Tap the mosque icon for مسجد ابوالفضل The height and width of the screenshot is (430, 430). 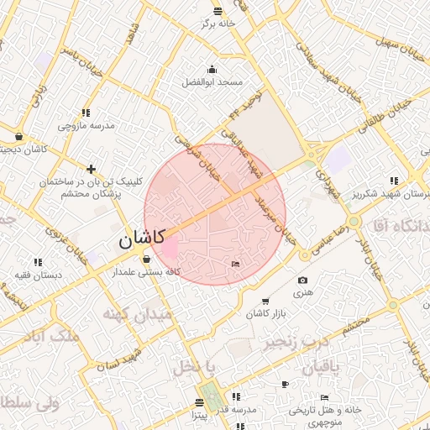[212, 70]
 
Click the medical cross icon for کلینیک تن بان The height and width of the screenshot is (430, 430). [92, 169]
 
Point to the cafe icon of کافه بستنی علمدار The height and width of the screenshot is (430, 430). [147, 259]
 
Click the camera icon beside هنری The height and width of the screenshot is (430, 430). [302, 280]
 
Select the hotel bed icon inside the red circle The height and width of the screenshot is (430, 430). [234, 265]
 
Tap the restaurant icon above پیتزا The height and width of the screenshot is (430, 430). [199, 402]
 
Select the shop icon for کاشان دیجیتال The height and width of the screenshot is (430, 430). [18, 137]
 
